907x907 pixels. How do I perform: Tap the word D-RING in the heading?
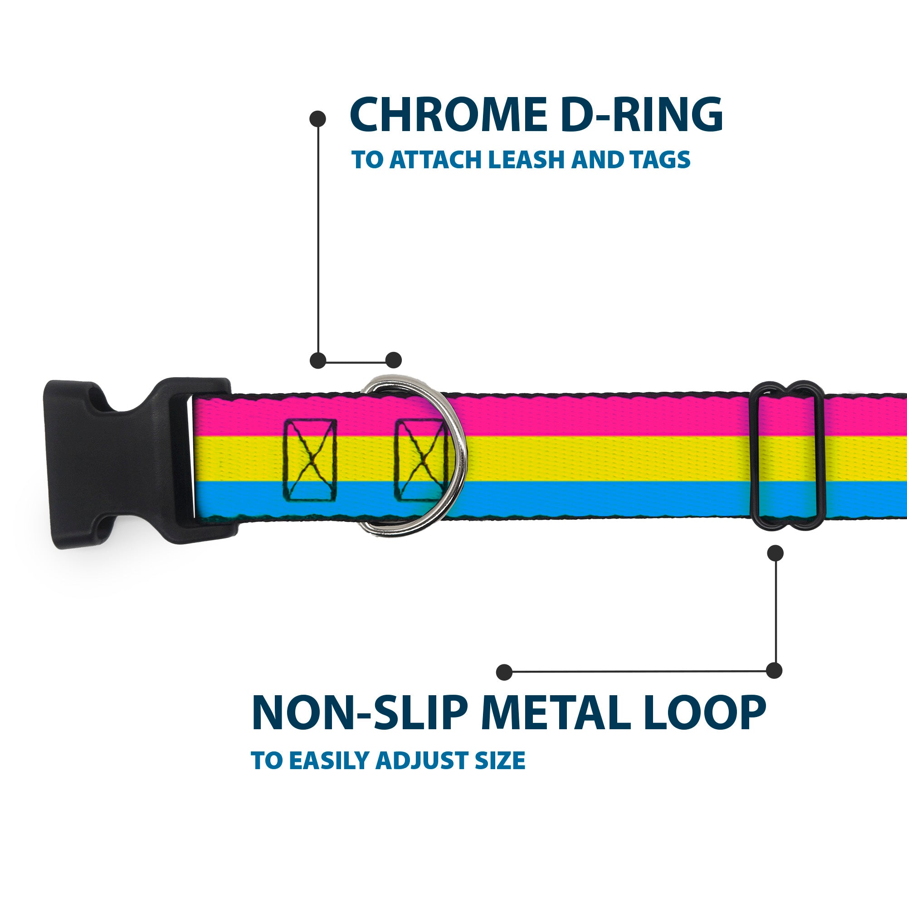[x=642, y=115]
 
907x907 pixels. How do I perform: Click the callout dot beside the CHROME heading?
[x=318, y=118]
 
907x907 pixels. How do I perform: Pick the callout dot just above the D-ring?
[x=393, y=360]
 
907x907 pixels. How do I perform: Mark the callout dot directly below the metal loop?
[x=775, y=553]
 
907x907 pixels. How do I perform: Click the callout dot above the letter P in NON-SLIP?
[x=504, y=672]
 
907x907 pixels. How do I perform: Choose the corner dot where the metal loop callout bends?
[x=774, y=671]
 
